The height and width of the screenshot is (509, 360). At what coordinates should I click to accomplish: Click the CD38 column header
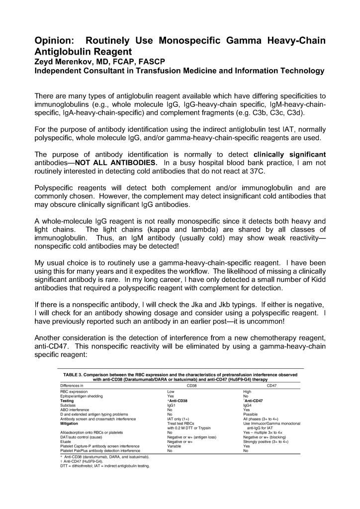coord(191,385)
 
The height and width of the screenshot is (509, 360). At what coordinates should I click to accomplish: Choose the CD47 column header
coord(272,385)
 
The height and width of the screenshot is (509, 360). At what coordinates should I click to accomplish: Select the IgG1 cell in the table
coord(173,405)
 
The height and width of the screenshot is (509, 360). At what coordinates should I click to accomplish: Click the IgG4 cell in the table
coord(249,405)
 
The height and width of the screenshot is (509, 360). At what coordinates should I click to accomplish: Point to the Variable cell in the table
coord(176,446)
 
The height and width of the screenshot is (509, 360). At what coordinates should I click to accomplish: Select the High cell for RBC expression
coord(248,392)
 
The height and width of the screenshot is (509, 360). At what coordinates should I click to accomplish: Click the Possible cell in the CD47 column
coord(252,414)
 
